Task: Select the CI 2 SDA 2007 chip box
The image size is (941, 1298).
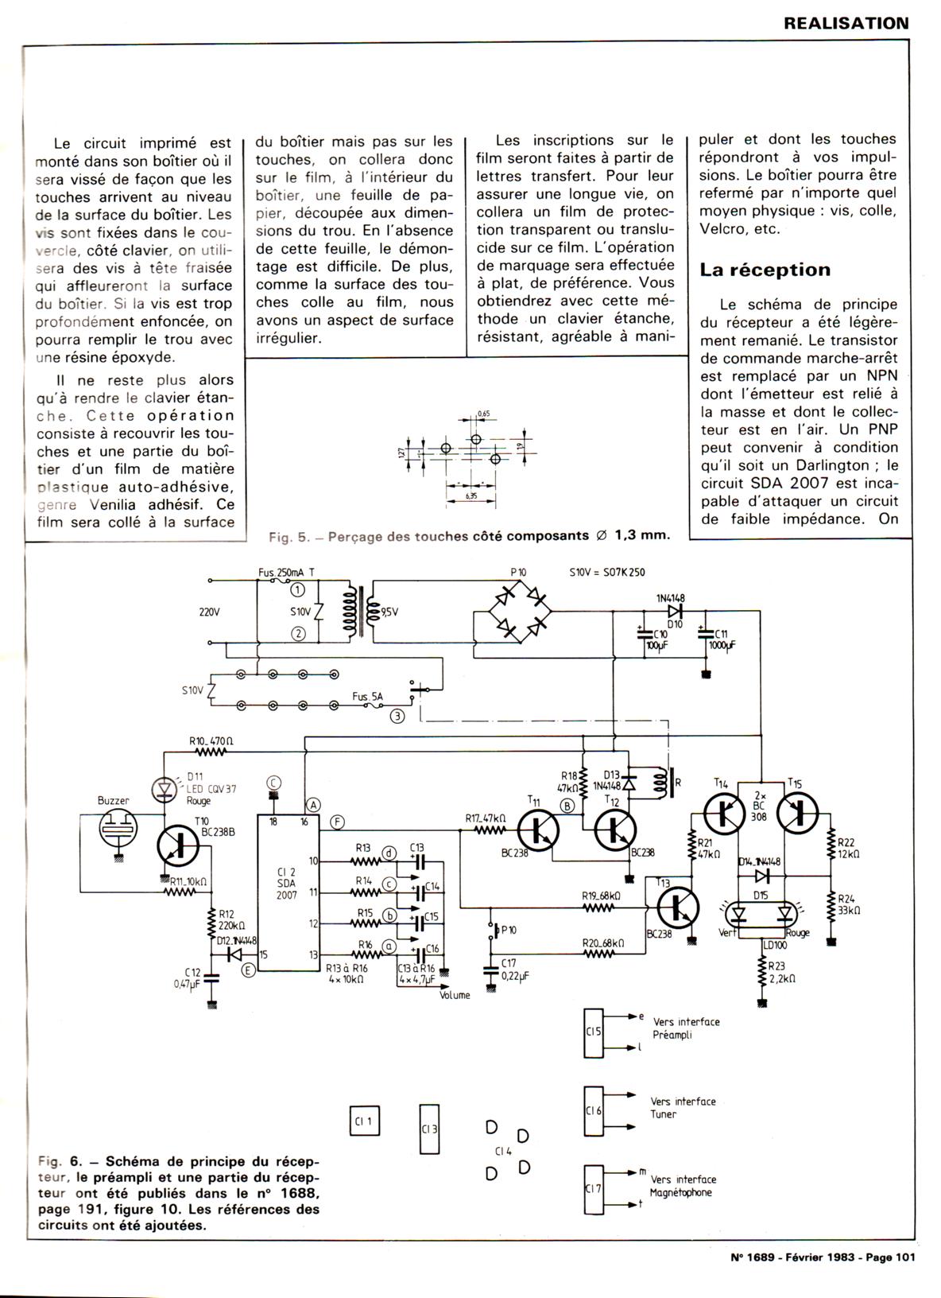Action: click(287, 892)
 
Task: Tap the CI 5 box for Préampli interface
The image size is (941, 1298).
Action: click(594, 1032)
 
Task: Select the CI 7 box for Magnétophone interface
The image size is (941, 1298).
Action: click(594, 1189)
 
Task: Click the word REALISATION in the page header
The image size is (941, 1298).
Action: click(846, 23)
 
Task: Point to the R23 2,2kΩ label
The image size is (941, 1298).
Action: click(782, 971)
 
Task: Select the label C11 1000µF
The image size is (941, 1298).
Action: click(726, 639)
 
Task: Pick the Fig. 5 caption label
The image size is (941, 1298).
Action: click(469, 536)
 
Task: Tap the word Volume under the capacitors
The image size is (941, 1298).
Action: click(455, 995)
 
